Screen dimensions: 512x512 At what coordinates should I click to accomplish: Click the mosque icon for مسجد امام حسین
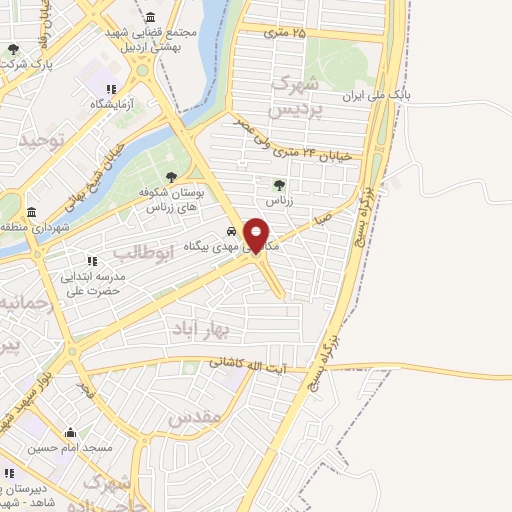coord(70,433)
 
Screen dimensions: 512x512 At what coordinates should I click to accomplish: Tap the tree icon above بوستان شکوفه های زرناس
coord(172,177)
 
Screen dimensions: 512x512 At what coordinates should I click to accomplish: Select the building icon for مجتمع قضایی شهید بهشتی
coord(150,17)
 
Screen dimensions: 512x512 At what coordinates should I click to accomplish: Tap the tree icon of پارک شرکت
coord(13,49)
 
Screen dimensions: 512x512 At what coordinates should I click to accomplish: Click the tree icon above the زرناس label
coord(279,184)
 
